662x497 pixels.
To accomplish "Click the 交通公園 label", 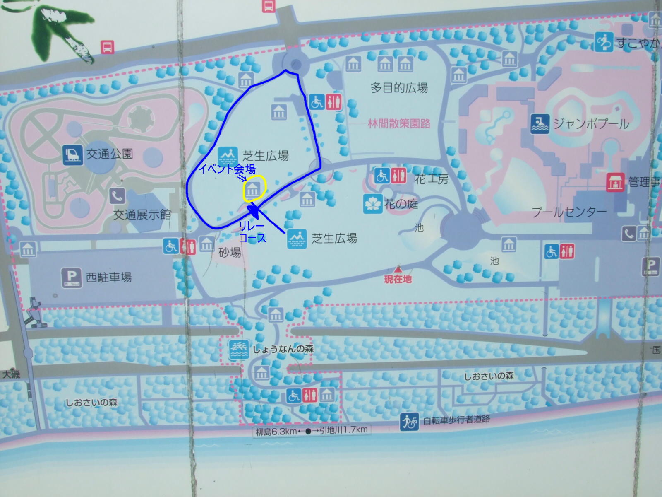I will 110,154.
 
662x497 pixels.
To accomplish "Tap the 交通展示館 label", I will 142,215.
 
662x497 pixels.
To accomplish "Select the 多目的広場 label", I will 399,88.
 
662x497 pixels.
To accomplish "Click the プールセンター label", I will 569,212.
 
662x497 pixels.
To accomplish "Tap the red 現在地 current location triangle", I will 398,269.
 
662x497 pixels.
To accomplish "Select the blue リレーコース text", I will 252,232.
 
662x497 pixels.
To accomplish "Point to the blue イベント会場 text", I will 227,169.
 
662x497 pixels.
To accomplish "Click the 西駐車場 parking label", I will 109,277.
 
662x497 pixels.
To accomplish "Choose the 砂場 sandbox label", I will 230,252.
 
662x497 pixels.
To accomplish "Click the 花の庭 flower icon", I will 372,204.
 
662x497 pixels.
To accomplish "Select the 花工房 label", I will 431,179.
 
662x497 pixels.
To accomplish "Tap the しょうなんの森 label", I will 283,349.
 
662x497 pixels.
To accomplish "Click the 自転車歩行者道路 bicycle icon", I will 409,422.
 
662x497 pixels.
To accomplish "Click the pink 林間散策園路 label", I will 399,123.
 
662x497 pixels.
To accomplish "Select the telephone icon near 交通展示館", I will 118,195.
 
